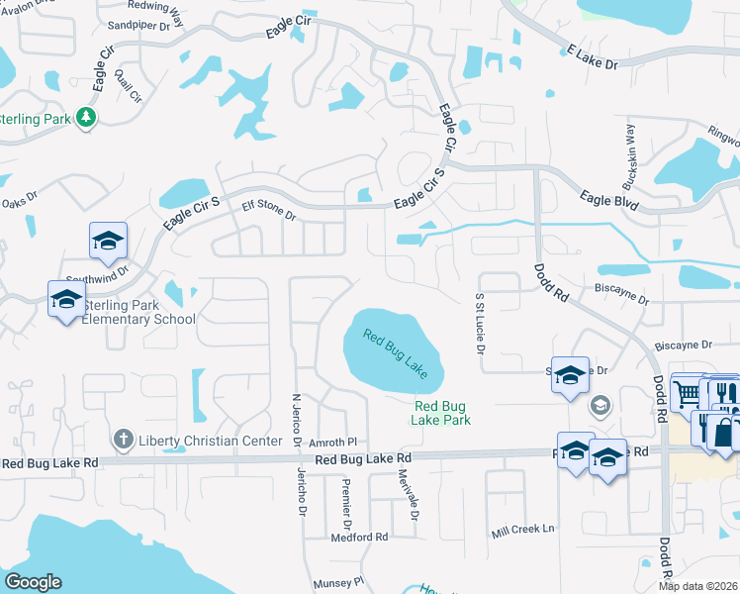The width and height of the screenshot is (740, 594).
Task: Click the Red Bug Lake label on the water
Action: tap(394, 353)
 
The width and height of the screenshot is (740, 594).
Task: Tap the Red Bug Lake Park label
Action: tap(441, 413)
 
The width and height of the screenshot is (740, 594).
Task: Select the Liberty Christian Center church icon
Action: tap(123, 437)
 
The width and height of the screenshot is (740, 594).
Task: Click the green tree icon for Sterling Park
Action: tap(87, 118)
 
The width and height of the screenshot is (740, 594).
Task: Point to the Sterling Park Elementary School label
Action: tap(139, 313)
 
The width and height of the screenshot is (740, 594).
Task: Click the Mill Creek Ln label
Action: tap(523, 531)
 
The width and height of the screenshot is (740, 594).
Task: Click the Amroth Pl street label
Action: tap(330, 443)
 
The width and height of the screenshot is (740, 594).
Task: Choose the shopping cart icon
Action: tap(686, 393)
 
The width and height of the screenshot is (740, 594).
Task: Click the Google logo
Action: tap(33, 582)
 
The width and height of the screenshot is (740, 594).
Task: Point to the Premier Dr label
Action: tap(346, 504)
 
